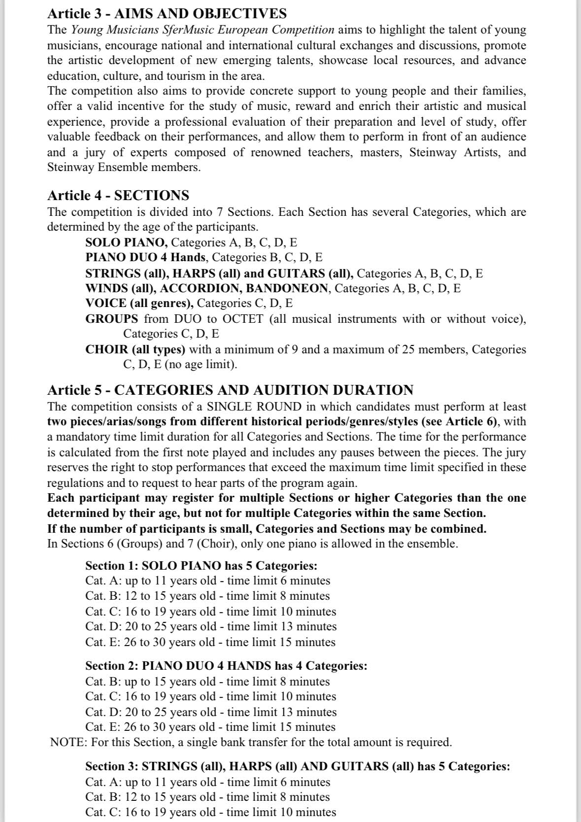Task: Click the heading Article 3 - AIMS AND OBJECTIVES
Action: [x=167, y=13]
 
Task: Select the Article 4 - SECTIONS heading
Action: [x=118, y=195]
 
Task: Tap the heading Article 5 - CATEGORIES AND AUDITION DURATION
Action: [x=230, y=390]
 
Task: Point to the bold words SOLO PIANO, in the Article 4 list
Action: [x=127, y=242]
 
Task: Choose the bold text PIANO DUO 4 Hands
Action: [x=146, y=257]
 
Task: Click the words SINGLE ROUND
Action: [x=254, y=407]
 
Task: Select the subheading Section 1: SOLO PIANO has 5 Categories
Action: [x=201, y=565]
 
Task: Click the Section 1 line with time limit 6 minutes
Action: [x=207, y=581]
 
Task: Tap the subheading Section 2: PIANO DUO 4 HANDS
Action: [x=226, y=666]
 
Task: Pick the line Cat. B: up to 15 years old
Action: [x=207, y=681]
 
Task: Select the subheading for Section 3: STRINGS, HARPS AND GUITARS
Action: [x=298, y=766]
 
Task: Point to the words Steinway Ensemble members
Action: [x=124, y=167]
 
